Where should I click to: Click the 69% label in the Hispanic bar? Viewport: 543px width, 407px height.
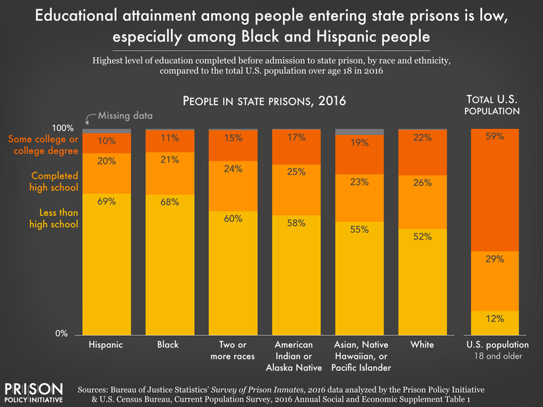tap(106, 201)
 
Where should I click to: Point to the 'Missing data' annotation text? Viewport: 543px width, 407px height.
tap(125, 116)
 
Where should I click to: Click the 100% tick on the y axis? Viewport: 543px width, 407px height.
tap(65, 128)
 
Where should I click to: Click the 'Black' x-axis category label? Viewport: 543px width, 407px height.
tap(168, 345)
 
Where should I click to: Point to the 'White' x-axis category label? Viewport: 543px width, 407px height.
tap(422, 345)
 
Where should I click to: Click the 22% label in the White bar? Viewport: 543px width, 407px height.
tap(422, 138)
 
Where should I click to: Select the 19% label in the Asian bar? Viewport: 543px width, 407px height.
tap(360, 143)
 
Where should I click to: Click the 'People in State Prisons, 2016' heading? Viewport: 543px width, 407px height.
tap(264, 102)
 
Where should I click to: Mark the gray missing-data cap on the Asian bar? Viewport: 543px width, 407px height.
tap(360, 132)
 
